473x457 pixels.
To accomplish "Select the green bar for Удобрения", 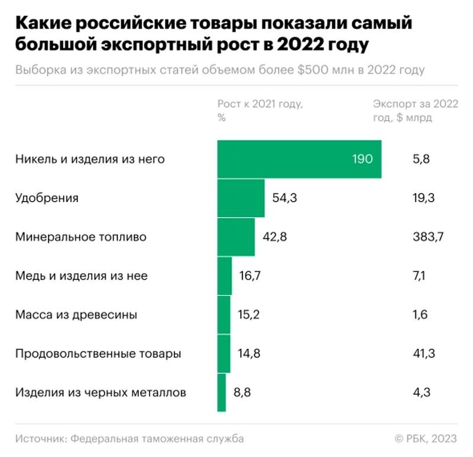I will [241, 198].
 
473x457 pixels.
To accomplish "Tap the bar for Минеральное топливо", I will [236, 237].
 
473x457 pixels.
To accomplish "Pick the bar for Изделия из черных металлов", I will [222, 392].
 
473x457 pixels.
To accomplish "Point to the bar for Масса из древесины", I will [223, 315].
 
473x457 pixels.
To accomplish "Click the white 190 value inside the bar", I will [362, 159].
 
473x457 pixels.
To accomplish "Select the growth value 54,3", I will [284, 198].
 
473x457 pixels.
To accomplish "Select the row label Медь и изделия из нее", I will [82, 276].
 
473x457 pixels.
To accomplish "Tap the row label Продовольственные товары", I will [98, 354].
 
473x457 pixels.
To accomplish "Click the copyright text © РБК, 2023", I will [425, 438].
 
